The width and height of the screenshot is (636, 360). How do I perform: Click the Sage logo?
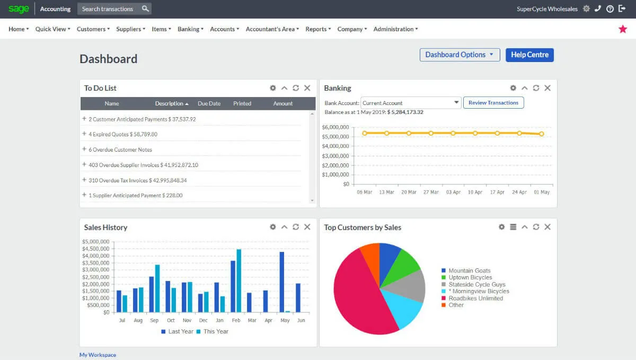(19, 9)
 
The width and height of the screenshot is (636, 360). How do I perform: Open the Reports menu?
(318, 29)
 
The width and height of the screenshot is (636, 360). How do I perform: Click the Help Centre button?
(529, 55)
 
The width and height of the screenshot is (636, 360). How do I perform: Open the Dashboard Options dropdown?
(459, 55)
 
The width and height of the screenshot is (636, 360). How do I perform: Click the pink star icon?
(623, 29)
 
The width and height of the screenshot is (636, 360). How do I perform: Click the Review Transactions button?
(493, 103)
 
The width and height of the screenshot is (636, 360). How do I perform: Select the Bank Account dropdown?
(411, 103)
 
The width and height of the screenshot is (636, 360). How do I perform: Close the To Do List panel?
(307, 88)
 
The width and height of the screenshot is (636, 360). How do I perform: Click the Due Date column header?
(209, 103)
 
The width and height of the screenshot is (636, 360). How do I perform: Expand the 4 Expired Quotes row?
(84, 134)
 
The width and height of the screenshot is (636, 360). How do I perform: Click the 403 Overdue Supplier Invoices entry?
(143, 165)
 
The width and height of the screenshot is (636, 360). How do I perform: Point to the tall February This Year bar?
(239, 280)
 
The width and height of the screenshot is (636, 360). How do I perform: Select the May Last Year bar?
(282, 282)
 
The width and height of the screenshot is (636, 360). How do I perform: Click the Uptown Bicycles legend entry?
(470, 277)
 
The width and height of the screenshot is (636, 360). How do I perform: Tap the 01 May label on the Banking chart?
(542, 192)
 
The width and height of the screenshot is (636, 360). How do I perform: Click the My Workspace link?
(98, 355)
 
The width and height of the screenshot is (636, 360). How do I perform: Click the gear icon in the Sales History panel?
(273, 227)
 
